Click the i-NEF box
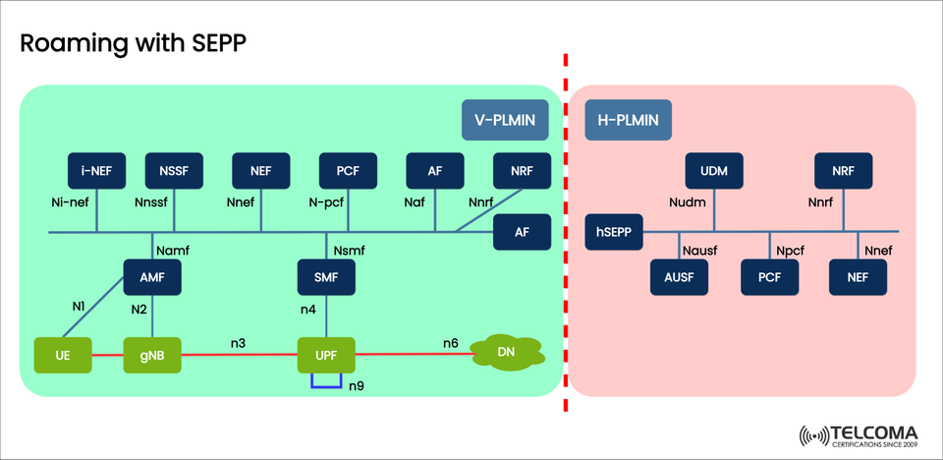pyautogui.click(x=96, y=170)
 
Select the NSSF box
pyautogui.click(x=174, y=170)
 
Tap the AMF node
pyautogui.click(x=152, y=278)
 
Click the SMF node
pyautogui.click(x=325, y=278)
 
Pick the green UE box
pyautogui.click(x=62, y=354)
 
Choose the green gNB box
pyautogui.click(x=152, y=354)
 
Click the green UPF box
pyautogui.click(x=325, y=354)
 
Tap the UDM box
pyautogui.click(x=714, y=170)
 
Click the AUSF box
pyautogui.click(x=679, y=278)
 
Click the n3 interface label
pyautogui.click(x=239, y=343)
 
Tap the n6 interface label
pyautogui.click(x=450, y=343)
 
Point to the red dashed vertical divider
pyautogui.click(x=566, y=246)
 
